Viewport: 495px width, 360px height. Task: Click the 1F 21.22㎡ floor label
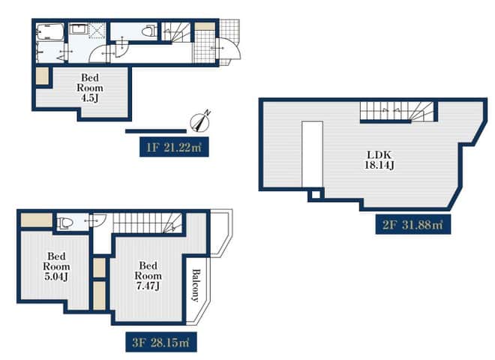point(174,147)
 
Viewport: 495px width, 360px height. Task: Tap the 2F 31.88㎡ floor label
point(413,224)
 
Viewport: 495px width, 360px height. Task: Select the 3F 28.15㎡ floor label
point(161,342)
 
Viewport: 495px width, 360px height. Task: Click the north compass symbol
point(200,121)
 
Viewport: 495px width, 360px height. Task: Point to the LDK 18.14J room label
point(379,160)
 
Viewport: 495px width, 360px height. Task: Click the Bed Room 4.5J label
point(90,88)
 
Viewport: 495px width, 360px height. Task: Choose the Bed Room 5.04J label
point(56,266)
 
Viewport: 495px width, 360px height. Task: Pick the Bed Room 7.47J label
point(148,275)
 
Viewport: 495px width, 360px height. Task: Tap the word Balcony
point(196,286)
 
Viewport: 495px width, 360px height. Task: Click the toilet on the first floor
point(149,31)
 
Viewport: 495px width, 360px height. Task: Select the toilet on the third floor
point(66,223)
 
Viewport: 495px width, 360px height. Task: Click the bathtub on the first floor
point(50,32)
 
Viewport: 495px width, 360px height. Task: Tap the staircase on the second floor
point(397,112)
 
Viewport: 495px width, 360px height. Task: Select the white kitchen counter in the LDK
point(312,154)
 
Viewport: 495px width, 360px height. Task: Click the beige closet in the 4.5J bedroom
point(42,76)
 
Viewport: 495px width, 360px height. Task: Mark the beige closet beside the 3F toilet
point(37,220)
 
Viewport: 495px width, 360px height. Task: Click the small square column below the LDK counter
point(316,194)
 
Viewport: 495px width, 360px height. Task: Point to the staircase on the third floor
point(148,223)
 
